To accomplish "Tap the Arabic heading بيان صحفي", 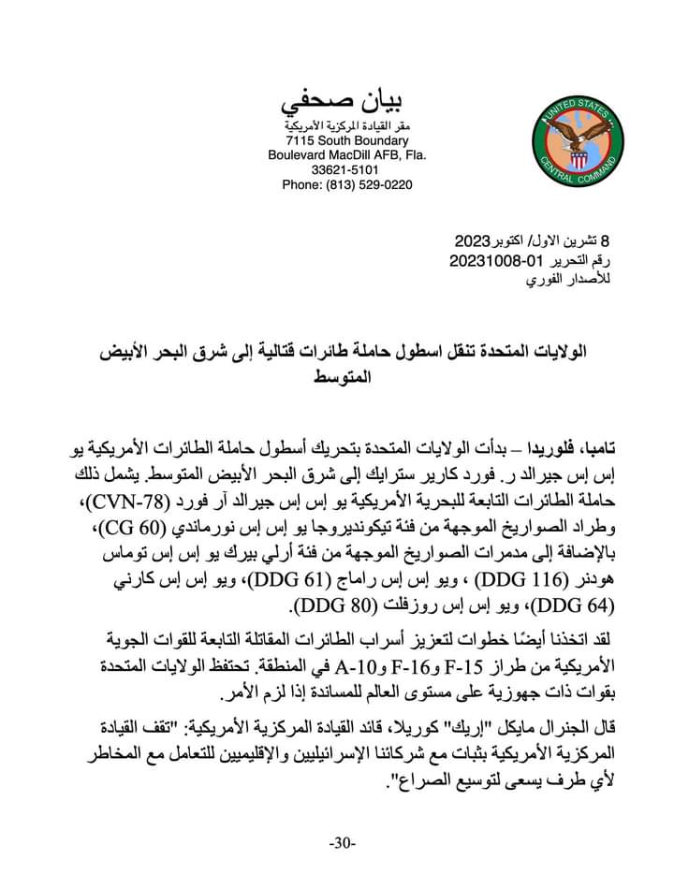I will click(x=347, y=101).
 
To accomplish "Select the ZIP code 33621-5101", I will click(x=346, y=170).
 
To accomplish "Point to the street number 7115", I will click(x=304, y=140).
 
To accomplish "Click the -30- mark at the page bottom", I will click(x=343, y=843).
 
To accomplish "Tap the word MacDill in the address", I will click(x=352, y=155).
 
